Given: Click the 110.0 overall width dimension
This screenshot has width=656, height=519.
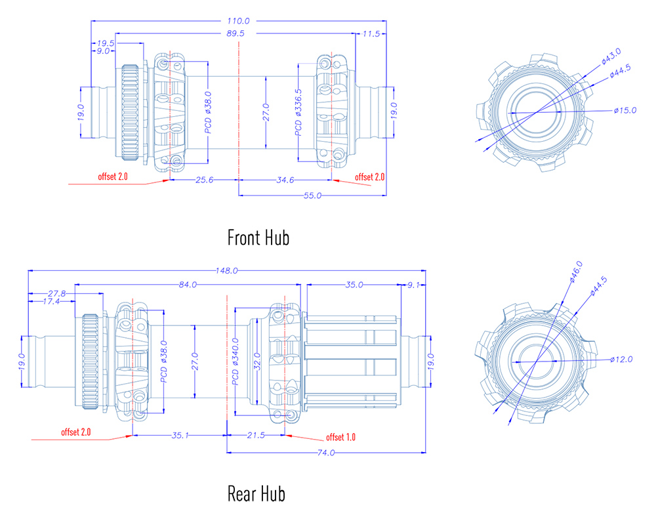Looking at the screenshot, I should pos(239,21).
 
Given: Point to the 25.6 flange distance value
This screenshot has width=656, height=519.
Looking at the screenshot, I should pos(204,180).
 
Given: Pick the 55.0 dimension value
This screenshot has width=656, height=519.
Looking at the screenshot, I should pos(312,196).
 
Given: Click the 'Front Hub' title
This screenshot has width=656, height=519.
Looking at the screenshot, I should pos(258,237).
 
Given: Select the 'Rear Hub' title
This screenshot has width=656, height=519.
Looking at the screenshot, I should pos(256,493).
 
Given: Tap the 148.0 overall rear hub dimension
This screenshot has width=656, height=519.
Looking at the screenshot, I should pos(226,270).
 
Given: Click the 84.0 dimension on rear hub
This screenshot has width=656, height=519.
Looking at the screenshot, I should pos(187,285).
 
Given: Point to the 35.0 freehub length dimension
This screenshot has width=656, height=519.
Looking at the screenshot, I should pos(353,285).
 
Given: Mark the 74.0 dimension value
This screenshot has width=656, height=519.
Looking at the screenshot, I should pos(325,453).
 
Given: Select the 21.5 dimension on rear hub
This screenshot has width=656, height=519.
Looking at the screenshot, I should pos(254,436).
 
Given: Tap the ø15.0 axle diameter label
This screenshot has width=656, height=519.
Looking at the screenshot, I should pos(625,110).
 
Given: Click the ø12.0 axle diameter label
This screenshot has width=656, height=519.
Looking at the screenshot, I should pos(621,359).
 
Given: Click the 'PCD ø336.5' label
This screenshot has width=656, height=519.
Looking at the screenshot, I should pos(298,112).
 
